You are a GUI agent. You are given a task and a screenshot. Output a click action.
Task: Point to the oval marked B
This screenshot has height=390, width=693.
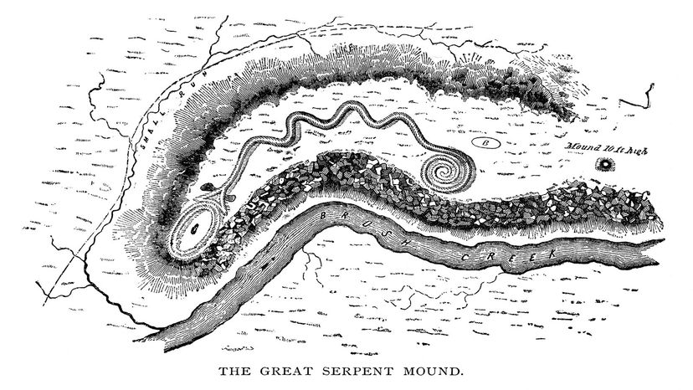point(489,144)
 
